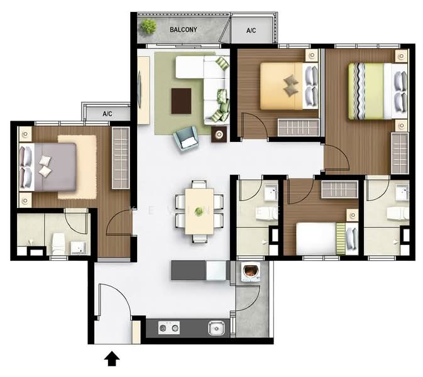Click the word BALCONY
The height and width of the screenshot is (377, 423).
pyautogui.click(x=184, y=30)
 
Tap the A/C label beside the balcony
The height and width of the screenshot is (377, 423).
pyautogui.click(x=251, y=30)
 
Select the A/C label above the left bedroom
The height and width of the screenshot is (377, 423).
pyautogui.click(x=107, y=114)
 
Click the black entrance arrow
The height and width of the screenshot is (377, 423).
pyautogui.click(x=112, y=358)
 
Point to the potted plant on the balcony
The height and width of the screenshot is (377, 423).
pyautogui.click(x=149, y=26)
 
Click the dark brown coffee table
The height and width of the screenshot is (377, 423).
pyautogui.click(x=181, y=101)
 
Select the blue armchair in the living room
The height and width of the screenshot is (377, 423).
pyautogui.click(x=186, y=138)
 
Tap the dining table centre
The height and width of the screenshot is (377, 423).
pyautogui.click(x=199, y=211)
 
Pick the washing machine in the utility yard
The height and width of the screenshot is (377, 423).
pyautogui.click(x=251, y=272)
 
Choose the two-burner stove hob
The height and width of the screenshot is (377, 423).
pyautogui.click(x=168, y=327)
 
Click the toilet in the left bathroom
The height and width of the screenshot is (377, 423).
pyautogui.click(x=57, y=241)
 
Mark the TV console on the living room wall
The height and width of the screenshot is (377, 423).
pyautogui.click(x=143, y=81)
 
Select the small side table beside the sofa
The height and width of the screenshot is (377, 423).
pyautogui.click(x=219, y=133)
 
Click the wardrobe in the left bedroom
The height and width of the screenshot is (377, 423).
pyautogui.click(x=120, y=158)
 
